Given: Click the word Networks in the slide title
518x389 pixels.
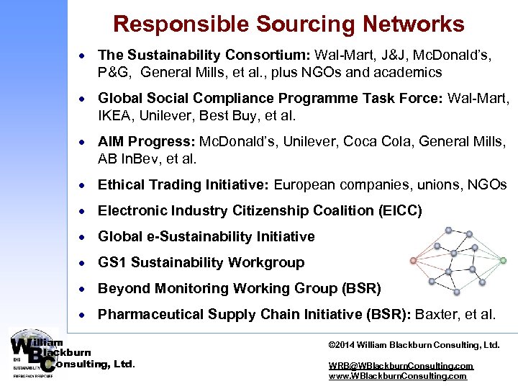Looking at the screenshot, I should pyautogui.click(x=414, y=24).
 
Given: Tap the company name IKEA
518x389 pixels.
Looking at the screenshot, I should pyautogui.click(x=116, y=116).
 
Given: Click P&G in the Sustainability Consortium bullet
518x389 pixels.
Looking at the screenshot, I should pyautogui.click(x=116, y=73).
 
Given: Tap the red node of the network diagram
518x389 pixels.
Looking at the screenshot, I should pyautogui.click(x=412, y=260).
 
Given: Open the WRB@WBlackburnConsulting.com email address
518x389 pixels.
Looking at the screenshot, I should pyautogui.click(x=401, y=366).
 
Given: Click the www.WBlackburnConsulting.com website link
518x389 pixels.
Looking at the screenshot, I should pyautogui.click(x=397, y=376).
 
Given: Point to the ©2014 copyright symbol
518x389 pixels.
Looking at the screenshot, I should pyautogui.click(x=332, y=345).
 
